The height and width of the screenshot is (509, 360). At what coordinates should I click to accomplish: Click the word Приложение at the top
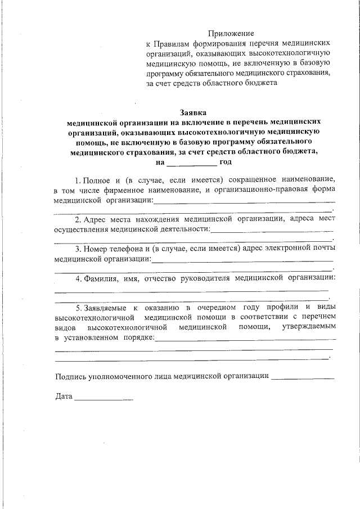(231, 34)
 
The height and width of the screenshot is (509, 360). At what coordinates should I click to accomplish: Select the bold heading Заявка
(193, 112)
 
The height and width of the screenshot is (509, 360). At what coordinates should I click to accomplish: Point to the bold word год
(226, 161)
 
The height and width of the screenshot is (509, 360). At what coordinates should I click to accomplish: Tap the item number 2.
(78, 219)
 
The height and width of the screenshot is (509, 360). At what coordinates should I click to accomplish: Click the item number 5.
(78, 307)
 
